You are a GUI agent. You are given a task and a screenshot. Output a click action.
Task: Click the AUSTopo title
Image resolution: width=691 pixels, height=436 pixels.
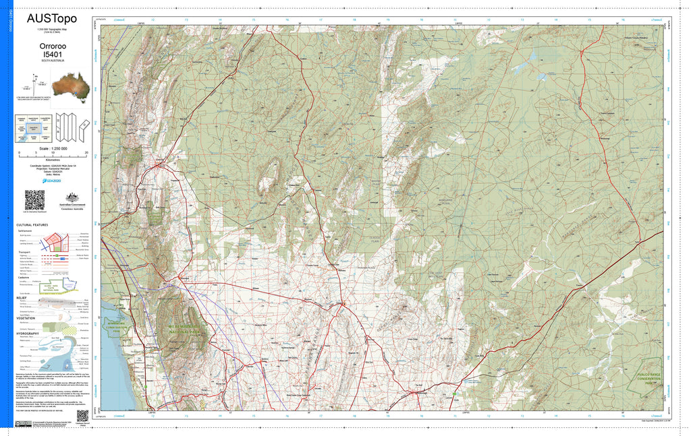click(x=52, y=19)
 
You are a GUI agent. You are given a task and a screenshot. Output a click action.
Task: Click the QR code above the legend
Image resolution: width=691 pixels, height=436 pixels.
click(x=34, y=199)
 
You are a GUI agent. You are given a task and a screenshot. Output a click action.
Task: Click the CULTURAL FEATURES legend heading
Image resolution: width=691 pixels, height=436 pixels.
click(x=32, y=224)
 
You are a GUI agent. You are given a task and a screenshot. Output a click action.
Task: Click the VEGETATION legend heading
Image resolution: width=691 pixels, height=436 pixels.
click(x=27, y=317)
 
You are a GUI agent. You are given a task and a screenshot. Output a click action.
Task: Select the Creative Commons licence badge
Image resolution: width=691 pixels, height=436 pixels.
click(x=23, y=423)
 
